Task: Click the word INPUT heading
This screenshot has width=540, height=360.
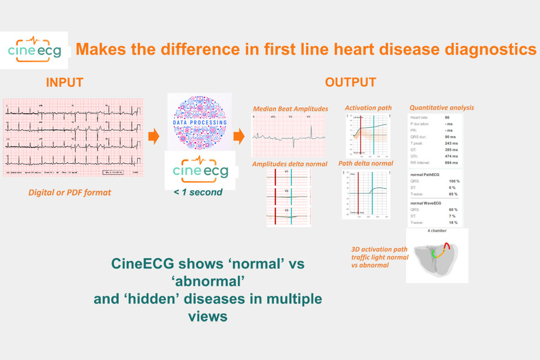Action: (x=64, y=82)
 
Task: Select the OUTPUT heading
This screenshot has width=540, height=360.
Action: (x=350, y=82)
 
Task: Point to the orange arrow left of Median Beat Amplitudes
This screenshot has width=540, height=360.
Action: (x=239, y=136)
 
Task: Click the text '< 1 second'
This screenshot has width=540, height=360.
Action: (x=199, y=192)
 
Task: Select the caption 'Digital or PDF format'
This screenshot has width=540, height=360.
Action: (x=70, y=192)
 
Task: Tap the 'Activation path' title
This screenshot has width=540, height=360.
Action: (x=367, y=107)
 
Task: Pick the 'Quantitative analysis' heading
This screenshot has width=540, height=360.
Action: (x=442, y=107)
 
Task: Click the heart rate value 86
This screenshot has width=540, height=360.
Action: (x=446, y=116)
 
